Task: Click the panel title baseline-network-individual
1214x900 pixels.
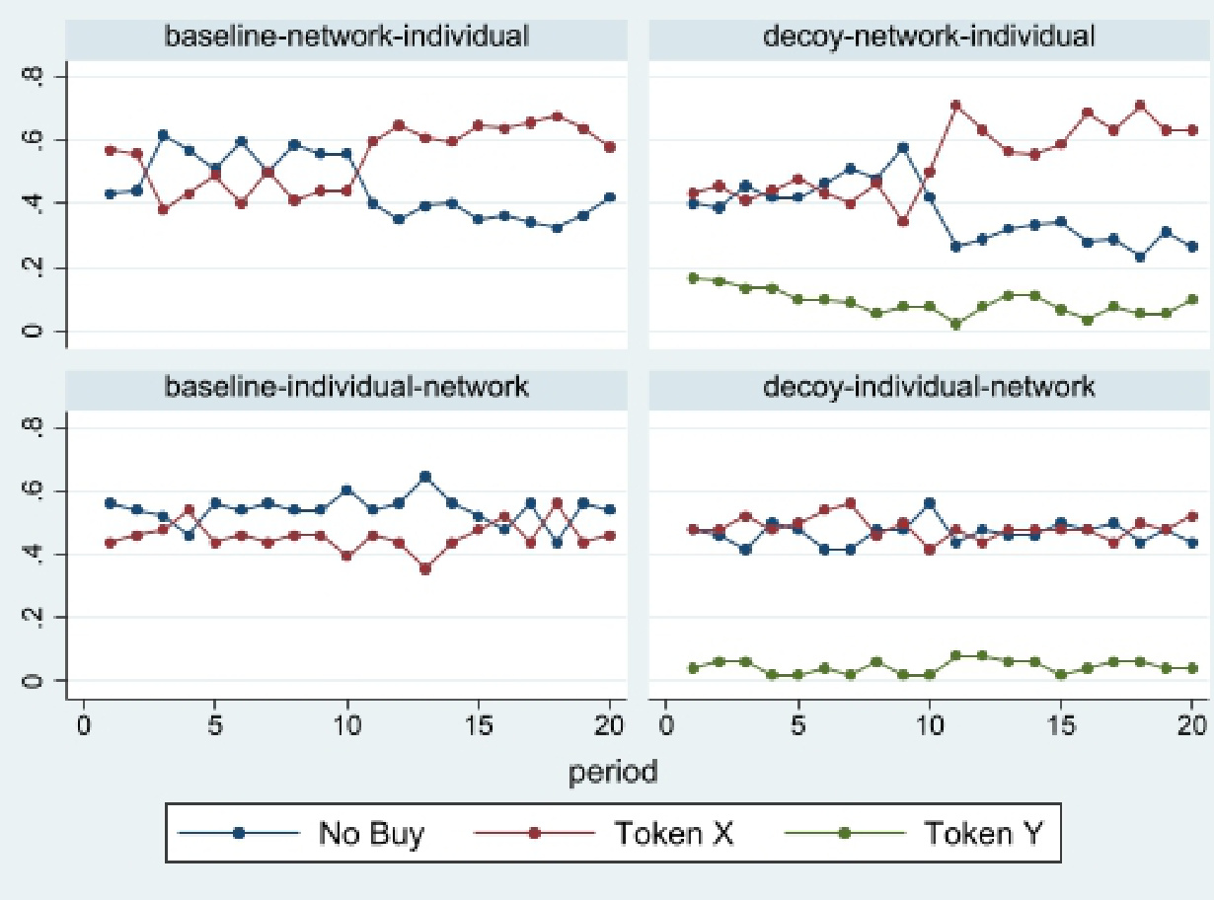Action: (346, 37)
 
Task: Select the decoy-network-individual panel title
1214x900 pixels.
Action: (929, 37)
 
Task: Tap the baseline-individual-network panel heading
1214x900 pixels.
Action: (346, 386)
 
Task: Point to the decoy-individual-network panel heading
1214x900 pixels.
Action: (929, 386)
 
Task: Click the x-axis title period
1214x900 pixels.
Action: (612, 771)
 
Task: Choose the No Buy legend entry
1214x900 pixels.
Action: (370, 833)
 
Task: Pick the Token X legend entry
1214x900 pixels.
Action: (673, 833)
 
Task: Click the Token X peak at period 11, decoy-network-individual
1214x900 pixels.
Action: (955, 105)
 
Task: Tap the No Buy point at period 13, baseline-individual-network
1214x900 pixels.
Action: (425, 477)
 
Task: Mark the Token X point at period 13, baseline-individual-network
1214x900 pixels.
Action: (425, 568)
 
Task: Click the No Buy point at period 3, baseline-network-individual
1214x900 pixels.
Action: (163, 135)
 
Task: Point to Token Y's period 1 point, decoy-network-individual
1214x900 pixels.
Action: (693, 278)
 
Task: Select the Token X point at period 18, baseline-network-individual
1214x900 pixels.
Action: (557, 115)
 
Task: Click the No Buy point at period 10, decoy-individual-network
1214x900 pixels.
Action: (929, 502)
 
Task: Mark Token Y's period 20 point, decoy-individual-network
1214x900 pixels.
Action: (1191, 668)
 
